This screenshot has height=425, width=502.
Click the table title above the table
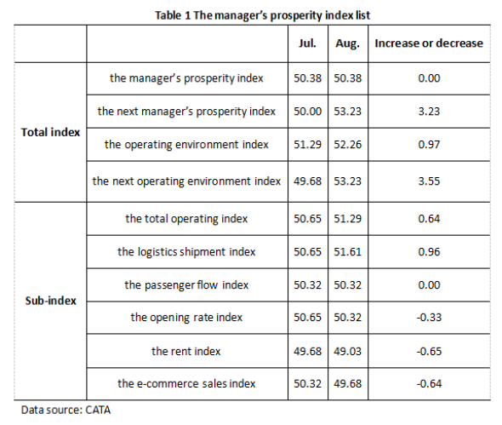[x=263, y=15]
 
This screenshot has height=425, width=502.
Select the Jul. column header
[x=307, y=43]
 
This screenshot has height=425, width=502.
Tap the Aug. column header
[x=347, y=43]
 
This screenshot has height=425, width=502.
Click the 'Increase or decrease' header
[x=429, y=43]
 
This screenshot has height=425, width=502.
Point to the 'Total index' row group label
[x=50, y=132]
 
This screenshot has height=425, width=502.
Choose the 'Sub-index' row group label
[x=50, y=301]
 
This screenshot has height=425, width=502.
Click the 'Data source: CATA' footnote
[x=66, y=410]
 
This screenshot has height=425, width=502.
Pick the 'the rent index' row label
[x=186, y=351]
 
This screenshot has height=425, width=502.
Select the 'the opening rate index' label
[x=186, y=318]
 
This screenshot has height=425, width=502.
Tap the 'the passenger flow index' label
[x=186, y=284]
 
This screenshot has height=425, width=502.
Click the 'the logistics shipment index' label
[x=186, y=251]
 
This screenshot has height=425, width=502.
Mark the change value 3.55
[x=429, y=181]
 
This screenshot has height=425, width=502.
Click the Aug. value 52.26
[x=348, y=145]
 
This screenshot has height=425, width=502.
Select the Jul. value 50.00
[x=307, y=112]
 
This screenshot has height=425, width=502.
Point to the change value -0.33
[x=429, y=318]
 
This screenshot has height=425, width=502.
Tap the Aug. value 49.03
[x=348, y=351]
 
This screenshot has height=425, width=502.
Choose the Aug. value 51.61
[x=348, y=251]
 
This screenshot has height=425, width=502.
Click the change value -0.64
[x=429, y=383]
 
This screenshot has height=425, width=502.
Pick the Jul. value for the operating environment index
[x=307, y=145]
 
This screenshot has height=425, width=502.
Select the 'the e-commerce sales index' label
[x=186, y=383]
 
